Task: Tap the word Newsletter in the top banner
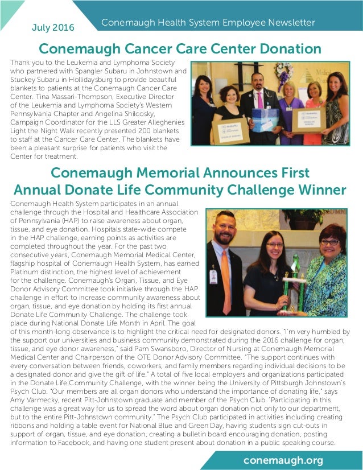pos(290,23)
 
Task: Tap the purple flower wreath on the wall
pos(283,74)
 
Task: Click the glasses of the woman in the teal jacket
pos(329,242)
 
